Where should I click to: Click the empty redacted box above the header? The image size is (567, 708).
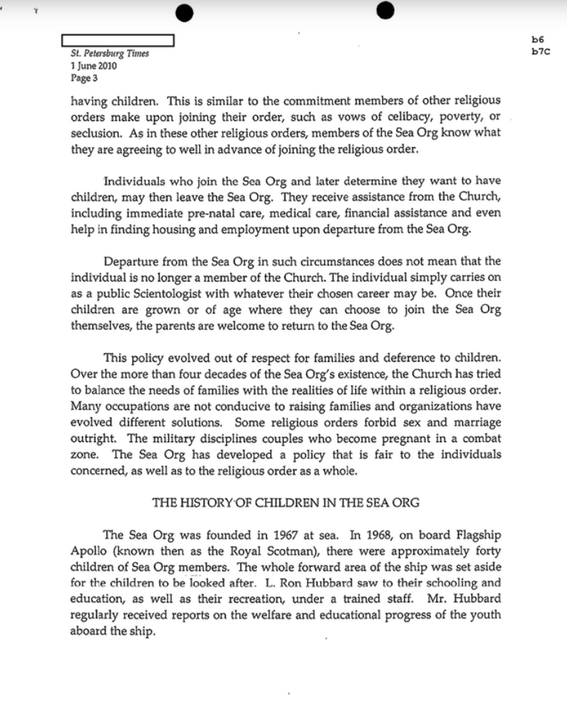pyautogui.click(x=117, y=40)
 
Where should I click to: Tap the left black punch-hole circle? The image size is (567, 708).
pyautogui.click(x=186, y=12)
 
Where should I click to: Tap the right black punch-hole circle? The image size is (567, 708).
pyautogui.click(x=385, y=10)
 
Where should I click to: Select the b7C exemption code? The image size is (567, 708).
pyautogui.click(x=540, y=51)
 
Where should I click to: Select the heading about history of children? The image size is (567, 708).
pyautogui.click(x=285, y=503)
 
